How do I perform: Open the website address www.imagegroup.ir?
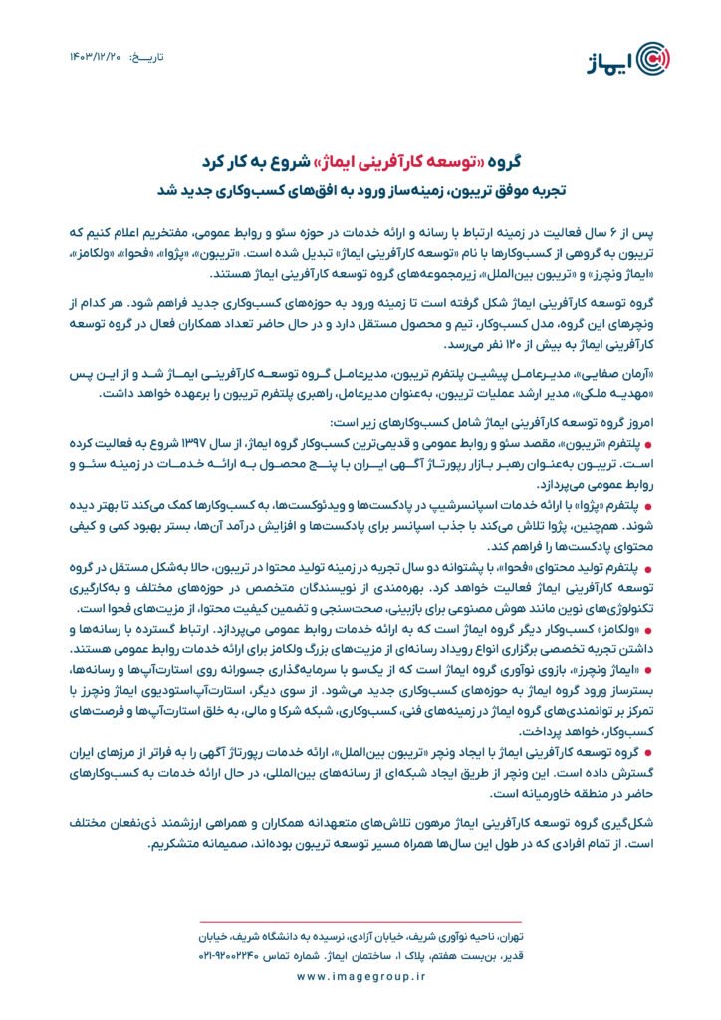[x=360, y=978]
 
